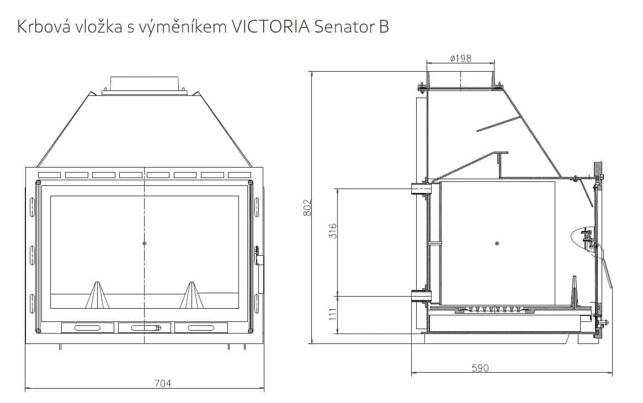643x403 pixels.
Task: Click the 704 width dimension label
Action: point(163,383)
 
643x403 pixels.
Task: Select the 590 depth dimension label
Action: point(480,368)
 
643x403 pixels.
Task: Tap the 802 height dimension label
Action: point(309,207)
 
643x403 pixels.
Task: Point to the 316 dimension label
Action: point(332,232)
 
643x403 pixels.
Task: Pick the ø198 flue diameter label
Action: point(460,58)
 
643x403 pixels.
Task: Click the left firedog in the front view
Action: point(97,295)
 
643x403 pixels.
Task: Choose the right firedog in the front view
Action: point(192,295)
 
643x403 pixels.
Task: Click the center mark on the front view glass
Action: point(145,243)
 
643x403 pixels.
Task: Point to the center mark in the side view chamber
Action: point(497,243)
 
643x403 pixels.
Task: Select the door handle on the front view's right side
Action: point(259,260)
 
